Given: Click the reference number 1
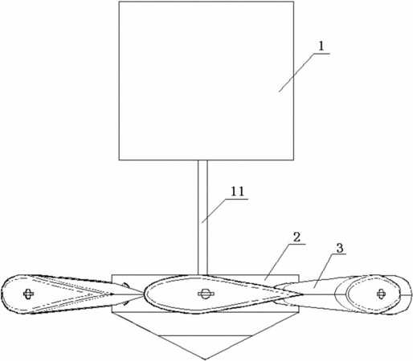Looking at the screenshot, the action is (321, 47).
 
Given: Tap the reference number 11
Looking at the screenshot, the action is (238, 192).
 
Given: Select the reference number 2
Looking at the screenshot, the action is (296, 237).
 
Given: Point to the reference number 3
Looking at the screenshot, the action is (339, 248).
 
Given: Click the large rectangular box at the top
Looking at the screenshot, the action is (206, 80).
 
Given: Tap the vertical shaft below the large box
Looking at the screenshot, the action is (202, 217).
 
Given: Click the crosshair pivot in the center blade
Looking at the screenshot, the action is (206, 294).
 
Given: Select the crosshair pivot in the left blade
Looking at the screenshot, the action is (28, 294).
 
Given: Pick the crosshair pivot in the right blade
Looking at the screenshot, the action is (380, 294).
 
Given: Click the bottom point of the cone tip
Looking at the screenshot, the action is (205, 359).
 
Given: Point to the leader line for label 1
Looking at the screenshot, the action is (305, 73).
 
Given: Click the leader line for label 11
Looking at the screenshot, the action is (225, 211).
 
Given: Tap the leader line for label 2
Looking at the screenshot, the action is (284, 262).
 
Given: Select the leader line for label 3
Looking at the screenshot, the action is (329, 271).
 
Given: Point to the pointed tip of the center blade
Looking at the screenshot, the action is (303, 294).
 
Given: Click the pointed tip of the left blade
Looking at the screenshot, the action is (115, 294).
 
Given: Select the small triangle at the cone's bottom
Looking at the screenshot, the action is (205, 347).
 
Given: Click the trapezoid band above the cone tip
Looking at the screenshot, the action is (205, 323).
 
